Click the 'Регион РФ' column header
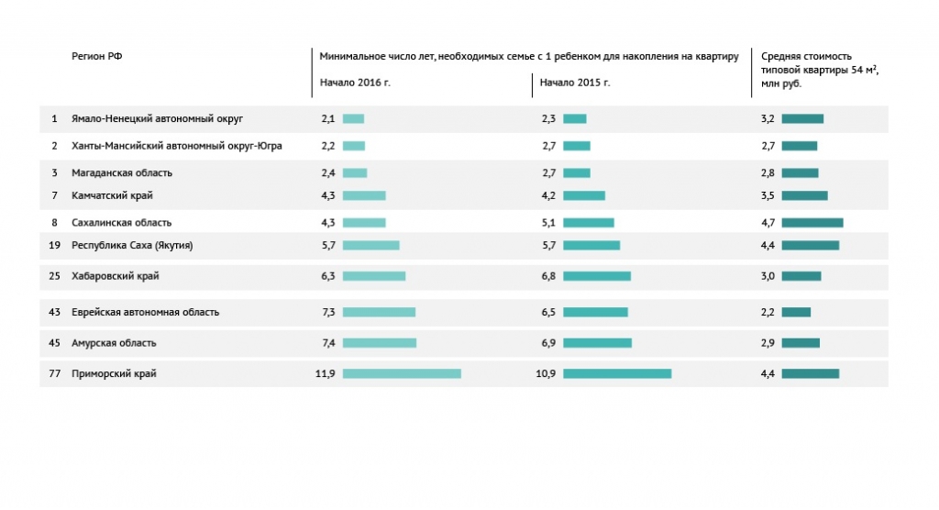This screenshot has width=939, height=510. point(97,56)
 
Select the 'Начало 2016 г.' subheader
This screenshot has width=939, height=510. point(355,83)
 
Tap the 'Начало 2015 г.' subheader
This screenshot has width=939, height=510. point(575,83)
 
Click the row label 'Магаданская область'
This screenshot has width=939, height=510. point(122,173)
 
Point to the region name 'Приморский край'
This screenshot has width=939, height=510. point(114,374)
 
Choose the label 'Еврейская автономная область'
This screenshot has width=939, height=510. point(146,312)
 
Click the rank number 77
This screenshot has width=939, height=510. point(54,374)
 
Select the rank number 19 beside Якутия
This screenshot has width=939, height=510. point(54,245)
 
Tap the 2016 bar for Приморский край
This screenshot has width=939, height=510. point(402,374)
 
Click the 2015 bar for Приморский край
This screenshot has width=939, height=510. point(617,374)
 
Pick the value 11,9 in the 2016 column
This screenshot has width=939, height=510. point(326,374)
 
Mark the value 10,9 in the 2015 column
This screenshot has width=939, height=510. point(546,374)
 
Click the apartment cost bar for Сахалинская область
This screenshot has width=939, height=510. point(812,223)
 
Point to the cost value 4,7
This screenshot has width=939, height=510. point(768,223)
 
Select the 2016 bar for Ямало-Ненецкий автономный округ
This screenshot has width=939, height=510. point(353,118)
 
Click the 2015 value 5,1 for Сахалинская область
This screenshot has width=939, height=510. point(548,223)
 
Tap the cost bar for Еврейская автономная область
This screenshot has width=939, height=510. point(797,312)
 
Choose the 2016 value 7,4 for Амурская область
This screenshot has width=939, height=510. point(328,343)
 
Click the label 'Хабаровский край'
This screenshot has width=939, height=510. point(115,276)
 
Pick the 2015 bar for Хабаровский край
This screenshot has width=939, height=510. point(597,276)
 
